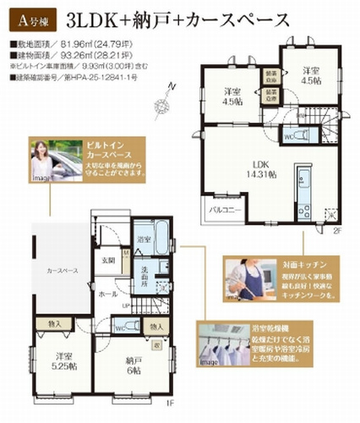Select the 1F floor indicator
pyautogui.click(x=169, y=403)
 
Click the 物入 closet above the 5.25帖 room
pyautogui.click(x=54, y=322)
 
